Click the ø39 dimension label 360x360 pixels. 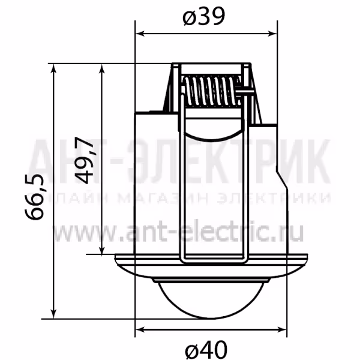click(x=203, y=17)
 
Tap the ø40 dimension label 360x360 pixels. click(x=206, y=350)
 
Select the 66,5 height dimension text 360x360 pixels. click(x=34, y=197)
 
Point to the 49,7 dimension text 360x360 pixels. click(x=84, y=160)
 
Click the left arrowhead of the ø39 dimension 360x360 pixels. click(x=140, y=34)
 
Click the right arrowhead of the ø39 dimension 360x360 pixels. click(x=272, y=34)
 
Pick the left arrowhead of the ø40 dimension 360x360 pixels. click(x=140, y=330)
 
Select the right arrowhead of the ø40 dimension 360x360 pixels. click(x=282, y=330)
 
